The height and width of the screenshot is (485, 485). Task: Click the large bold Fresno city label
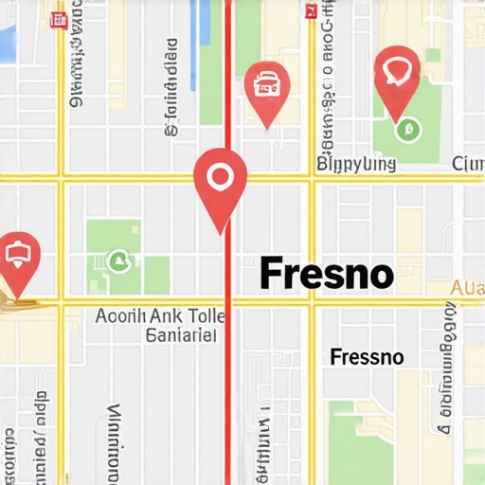(326, 274)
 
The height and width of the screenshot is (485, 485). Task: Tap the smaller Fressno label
(367, 357)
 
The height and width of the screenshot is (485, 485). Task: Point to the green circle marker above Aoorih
(117, 260)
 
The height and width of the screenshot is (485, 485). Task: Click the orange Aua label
(468, 287)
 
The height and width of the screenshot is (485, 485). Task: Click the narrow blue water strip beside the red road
(202, 28)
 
